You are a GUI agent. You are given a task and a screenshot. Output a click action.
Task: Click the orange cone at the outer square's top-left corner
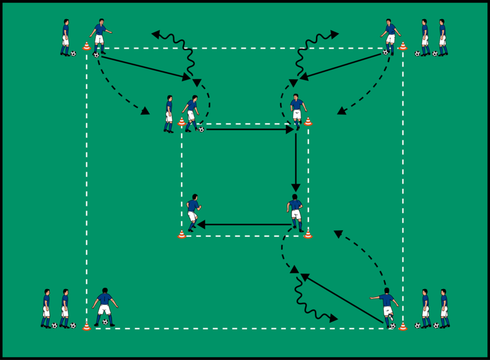(86, 46)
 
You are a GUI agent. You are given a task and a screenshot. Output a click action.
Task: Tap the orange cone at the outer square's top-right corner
(402, 46)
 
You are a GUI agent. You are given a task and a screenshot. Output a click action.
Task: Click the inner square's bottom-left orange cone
(182, 234)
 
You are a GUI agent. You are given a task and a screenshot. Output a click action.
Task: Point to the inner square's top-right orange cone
(308, 122)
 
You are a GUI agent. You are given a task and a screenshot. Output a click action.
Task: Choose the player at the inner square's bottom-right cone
(295, 212)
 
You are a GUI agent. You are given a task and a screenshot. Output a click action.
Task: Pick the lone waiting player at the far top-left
(65, 37)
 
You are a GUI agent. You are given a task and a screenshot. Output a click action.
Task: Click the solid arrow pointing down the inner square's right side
(296, 162)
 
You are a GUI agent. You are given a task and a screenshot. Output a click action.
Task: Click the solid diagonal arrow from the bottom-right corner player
(342, 300)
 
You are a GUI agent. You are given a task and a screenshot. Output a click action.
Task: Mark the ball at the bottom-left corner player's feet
(106, 322)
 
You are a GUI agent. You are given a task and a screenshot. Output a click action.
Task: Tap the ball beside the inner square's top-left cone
(201, 129)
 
